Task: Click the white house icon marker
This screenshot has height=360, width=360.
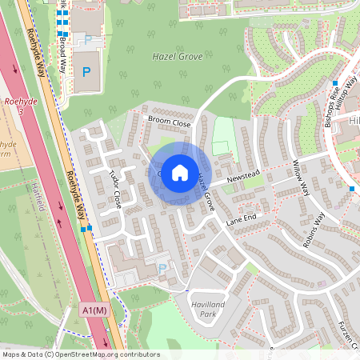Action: pos(180,172)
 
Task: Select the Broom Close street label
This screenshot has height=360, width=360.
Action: pos(169,123)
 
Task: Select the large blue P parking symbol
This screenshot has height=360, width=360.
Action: pos(86,71)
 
